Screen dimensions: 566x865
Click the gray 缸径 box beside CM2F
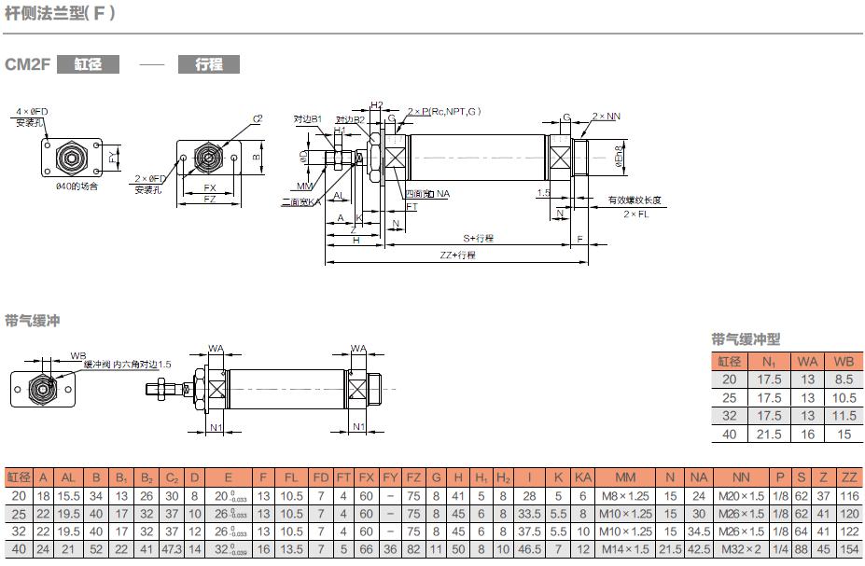(x=88, y=64)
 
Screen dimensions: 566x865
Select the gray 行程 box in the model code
(x=208, y=64)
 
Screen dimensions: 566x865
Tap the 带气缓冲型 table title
(x=746, y=339)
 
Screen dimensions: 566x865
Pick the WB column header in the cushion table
(x=843, y=361)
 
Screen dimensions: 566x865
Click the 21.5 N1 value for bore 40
(x=768, y=434)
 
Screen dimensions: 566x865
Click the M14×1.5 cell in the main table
(x=625, y=549)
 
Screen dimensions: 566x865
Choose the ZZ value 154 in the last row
(x=848, y=549)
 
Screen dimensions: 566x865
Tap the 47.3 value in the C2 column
(x=172, y=549)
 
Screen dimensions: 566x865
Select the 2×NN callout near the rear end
(x=606, y=117)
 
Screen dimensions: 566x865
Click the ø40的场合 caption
(x=76, y=186)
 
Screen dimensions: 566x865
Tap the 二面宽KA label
(x=300, y=201)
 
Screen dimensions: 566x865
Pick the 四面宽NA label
(x=428, y=194)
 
